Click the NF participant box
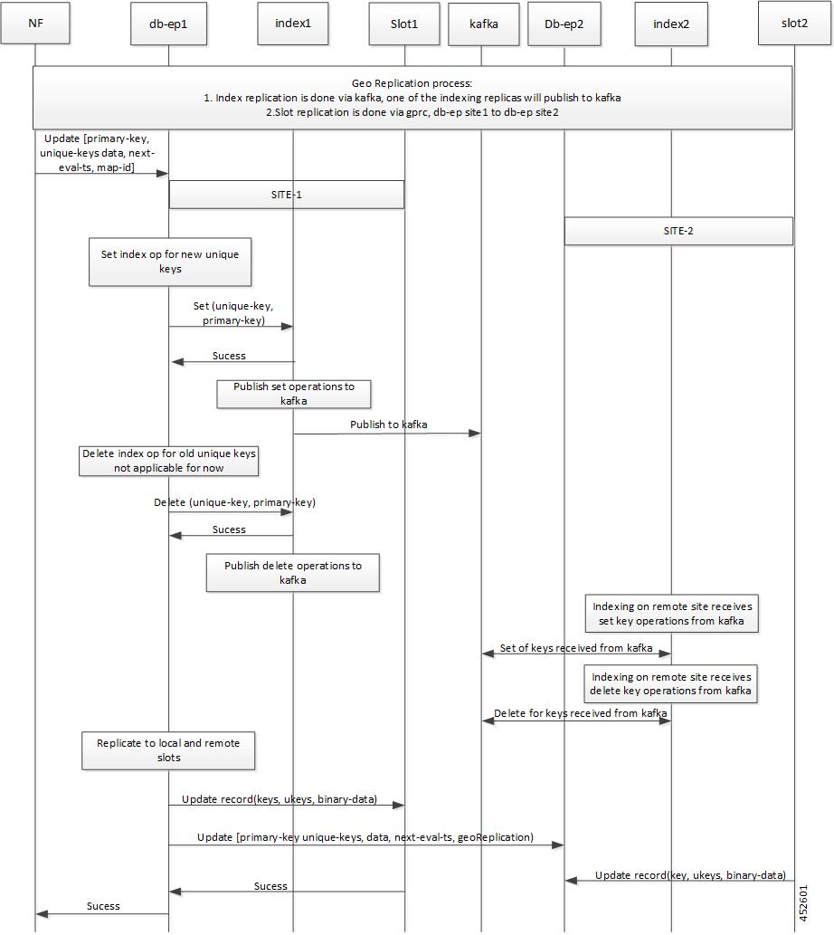pos(35,24)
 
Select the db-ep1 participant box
pos(168,24)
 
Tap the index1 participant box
pos(293,24)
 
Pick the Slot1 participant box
pos(404,24)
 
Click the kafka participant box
pos(484,24)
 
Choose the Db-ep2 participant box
pos(564,24)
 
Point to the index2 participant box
pos(671,24)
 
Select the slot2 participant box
pos(795,24)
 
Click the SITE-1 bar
pos(287,195)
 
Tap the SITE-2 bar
pos(678,231)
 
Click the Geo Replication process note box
pos(412,98)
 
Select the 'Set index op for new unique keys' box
pos(170,262)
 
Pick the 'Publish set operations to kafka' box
pos(294,394)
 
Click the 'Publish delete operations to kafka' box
pos(292,572)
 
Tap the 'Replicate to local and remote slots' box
pos(168,750)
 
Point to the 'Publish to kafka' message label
pos(388,425)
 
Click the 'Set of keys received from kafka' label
pos(576,647)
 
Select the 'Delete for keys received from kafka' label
pos(580,713)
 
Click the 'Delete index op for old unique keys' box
pos(168,461)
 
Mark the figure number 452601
pos(803,903)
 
